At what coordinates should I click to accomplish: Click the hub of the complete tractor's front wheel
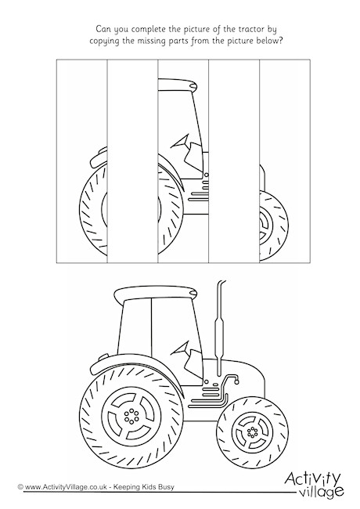pos(251,431)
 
